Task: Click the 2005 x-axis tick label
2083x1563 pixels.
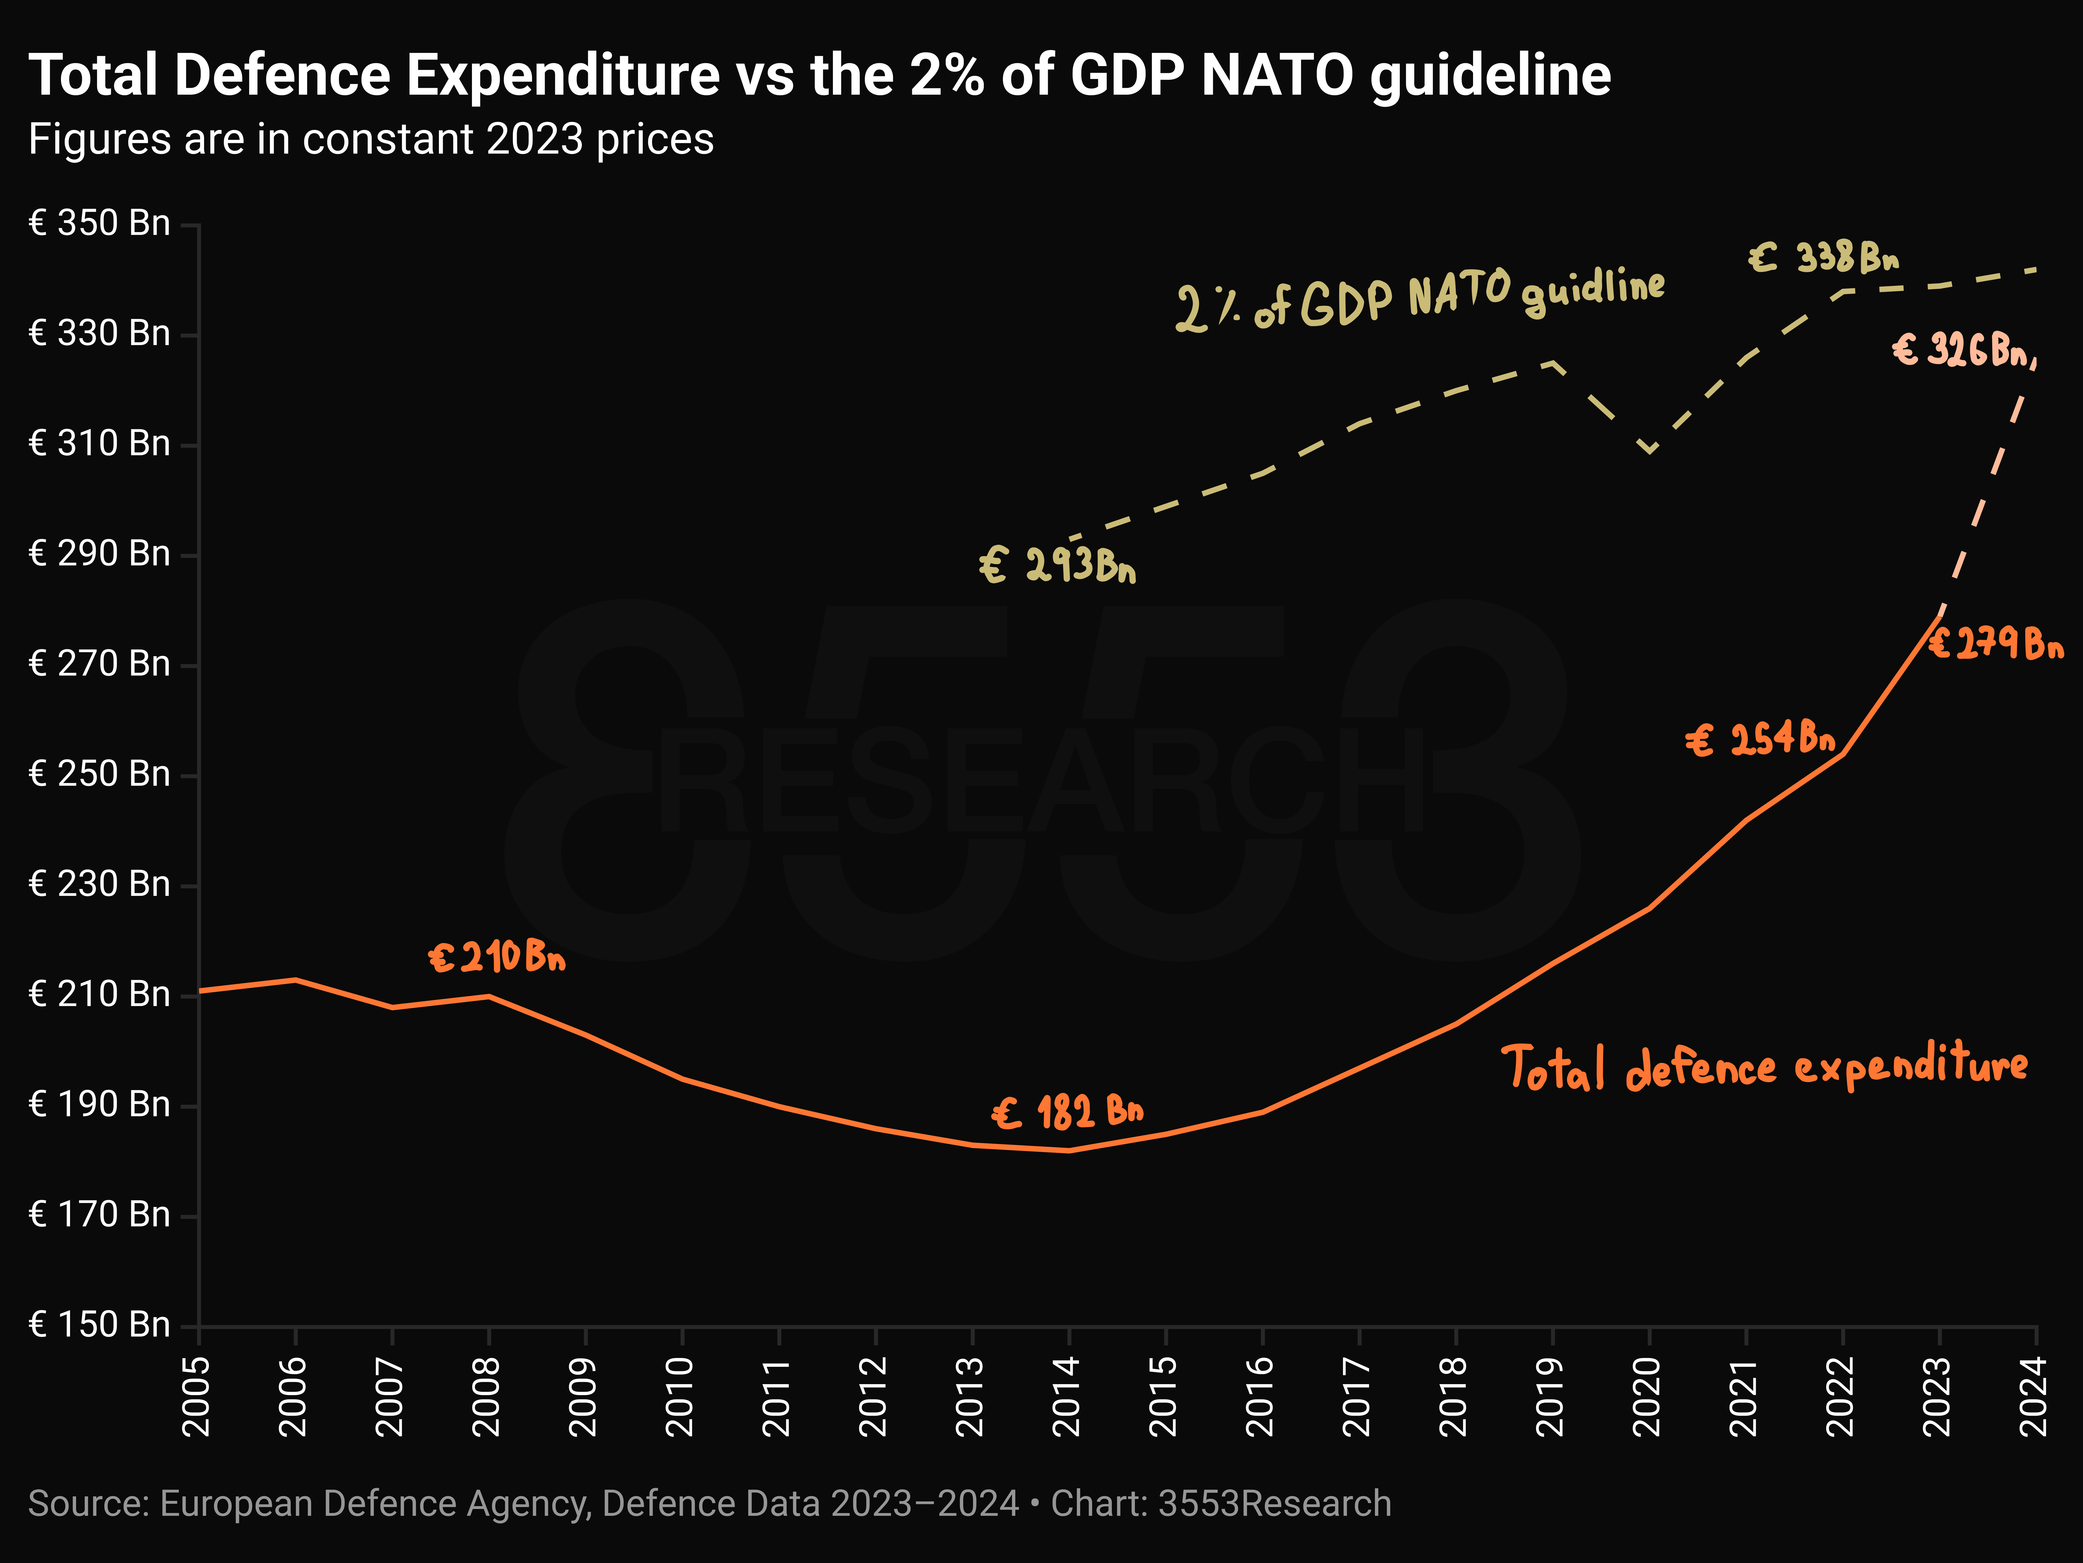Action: (197, 1396)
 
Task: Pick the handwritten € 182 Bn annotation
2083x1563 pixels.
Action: (1068, 1112)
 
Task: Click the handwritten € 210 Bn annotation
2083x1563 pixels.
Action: (497, 957)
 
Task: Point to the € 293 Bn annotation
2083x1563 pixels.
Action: (1058, 565)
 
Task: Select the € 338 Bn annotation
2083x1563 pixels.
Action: (1824, 256)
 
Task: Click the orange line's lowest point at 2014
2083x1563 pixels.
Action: (1069, 1150)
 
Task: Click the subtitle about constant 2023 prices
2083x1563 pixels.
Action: (371, 139)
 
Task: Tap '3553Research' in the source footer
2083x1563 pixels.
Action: (1274, 1504)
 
